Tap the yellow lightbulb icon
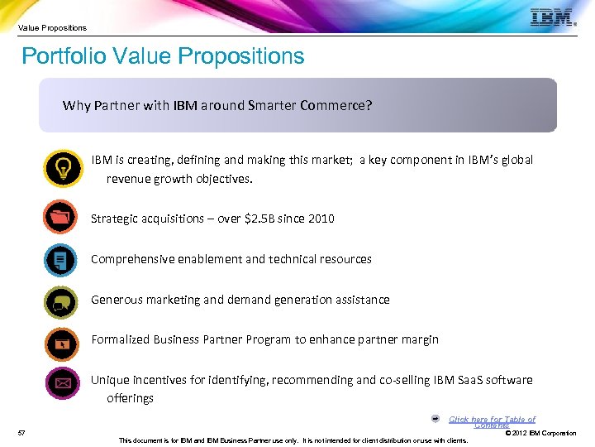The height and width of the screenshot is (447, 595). point(63,169)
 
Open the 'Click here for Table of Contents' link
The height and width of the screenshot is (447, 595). point(492,421)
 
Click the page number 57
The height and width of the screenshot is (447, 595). point(21,433)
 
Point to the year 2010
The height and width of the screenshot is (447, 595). point(321,219)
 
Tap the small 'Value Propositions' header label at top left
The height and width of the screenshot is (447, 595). point(52,27)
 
